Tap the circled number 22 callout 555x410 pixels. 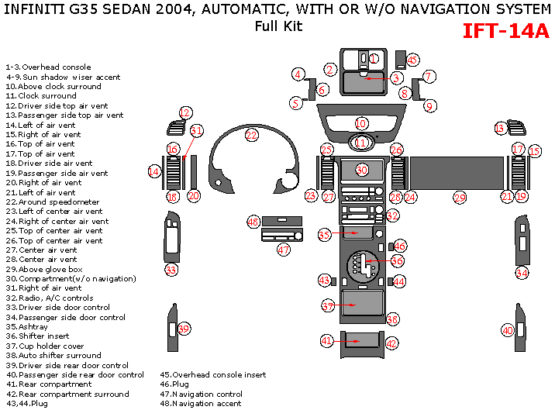point(251,135)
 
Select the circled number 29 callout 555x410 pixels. point(460,198)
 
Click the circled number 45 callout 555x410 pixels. point(412,60)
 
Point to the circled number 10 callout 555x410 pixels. point(361,124)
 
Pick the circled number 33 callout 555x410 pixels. point(171,270)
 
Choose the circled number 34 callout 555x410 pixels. point(522,273)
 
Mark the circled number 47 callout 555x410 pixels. point(284,250)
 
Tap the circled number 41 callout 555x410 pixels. point(327,340)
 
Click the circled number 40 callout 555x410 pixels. point(508,330)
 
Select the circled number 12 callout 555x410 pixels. point(185,113)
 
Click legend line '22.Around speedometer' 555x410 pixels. point(52,202)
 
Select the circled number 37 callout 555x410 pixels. point(328,306)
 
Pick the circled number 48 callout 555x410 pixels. point(253,222)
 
